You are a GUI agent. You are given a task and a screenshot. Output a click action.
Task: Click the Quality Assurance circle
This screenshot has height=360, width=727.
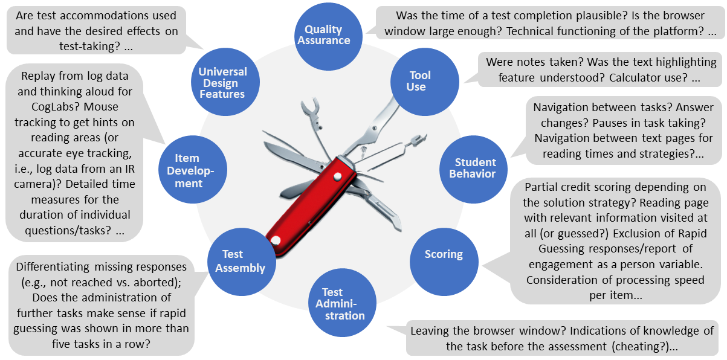click(x=327, y=35)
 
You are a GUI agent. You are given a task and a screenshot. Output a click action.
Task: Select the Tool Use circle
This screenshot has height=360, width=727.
click(x=420, y=81)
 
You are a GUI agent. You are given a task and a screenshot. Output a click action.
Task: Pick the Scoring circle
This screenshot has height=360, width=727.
click(x=444, y=254)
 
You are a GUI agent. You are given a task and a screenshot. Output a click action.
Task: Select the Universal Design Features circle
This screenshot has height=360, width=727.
click(x=222, y=83)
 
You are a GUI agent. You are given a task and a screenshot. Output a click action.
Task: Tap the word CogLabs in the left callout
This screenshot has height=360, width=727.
click(x=43, y=108)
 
